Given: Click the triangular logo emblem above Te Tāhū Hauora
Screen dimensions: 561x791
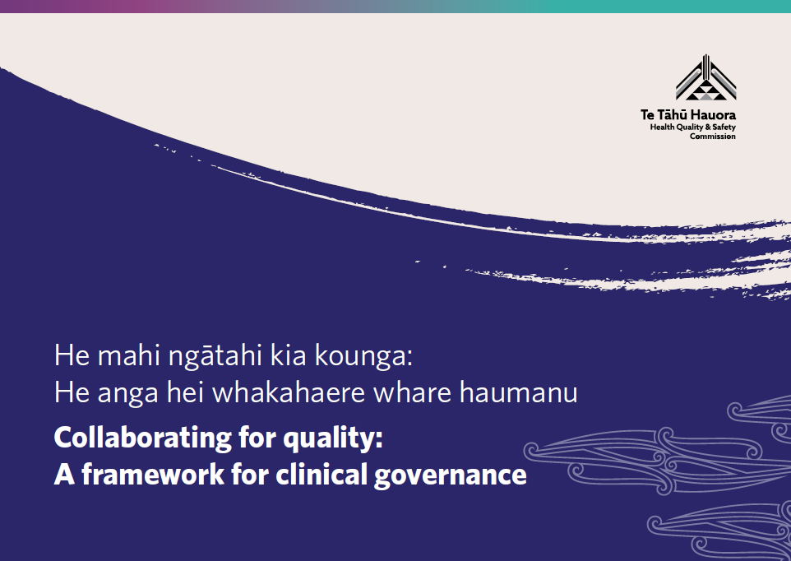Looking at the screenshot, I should [x=705, y=77].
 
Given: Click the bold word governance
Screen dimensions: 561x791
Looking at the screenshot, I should [x=450, y=476].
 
